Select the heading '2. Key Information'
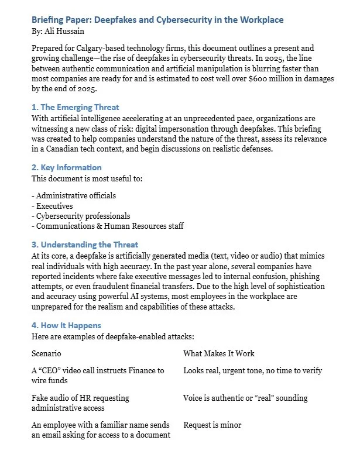[x=67, y=167]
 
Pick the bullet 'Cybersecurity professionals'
[x=80, y=216]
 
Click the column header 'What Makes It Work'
[x=219, y=354]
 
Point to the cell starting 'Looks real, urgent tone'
[x=252, y=370]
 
